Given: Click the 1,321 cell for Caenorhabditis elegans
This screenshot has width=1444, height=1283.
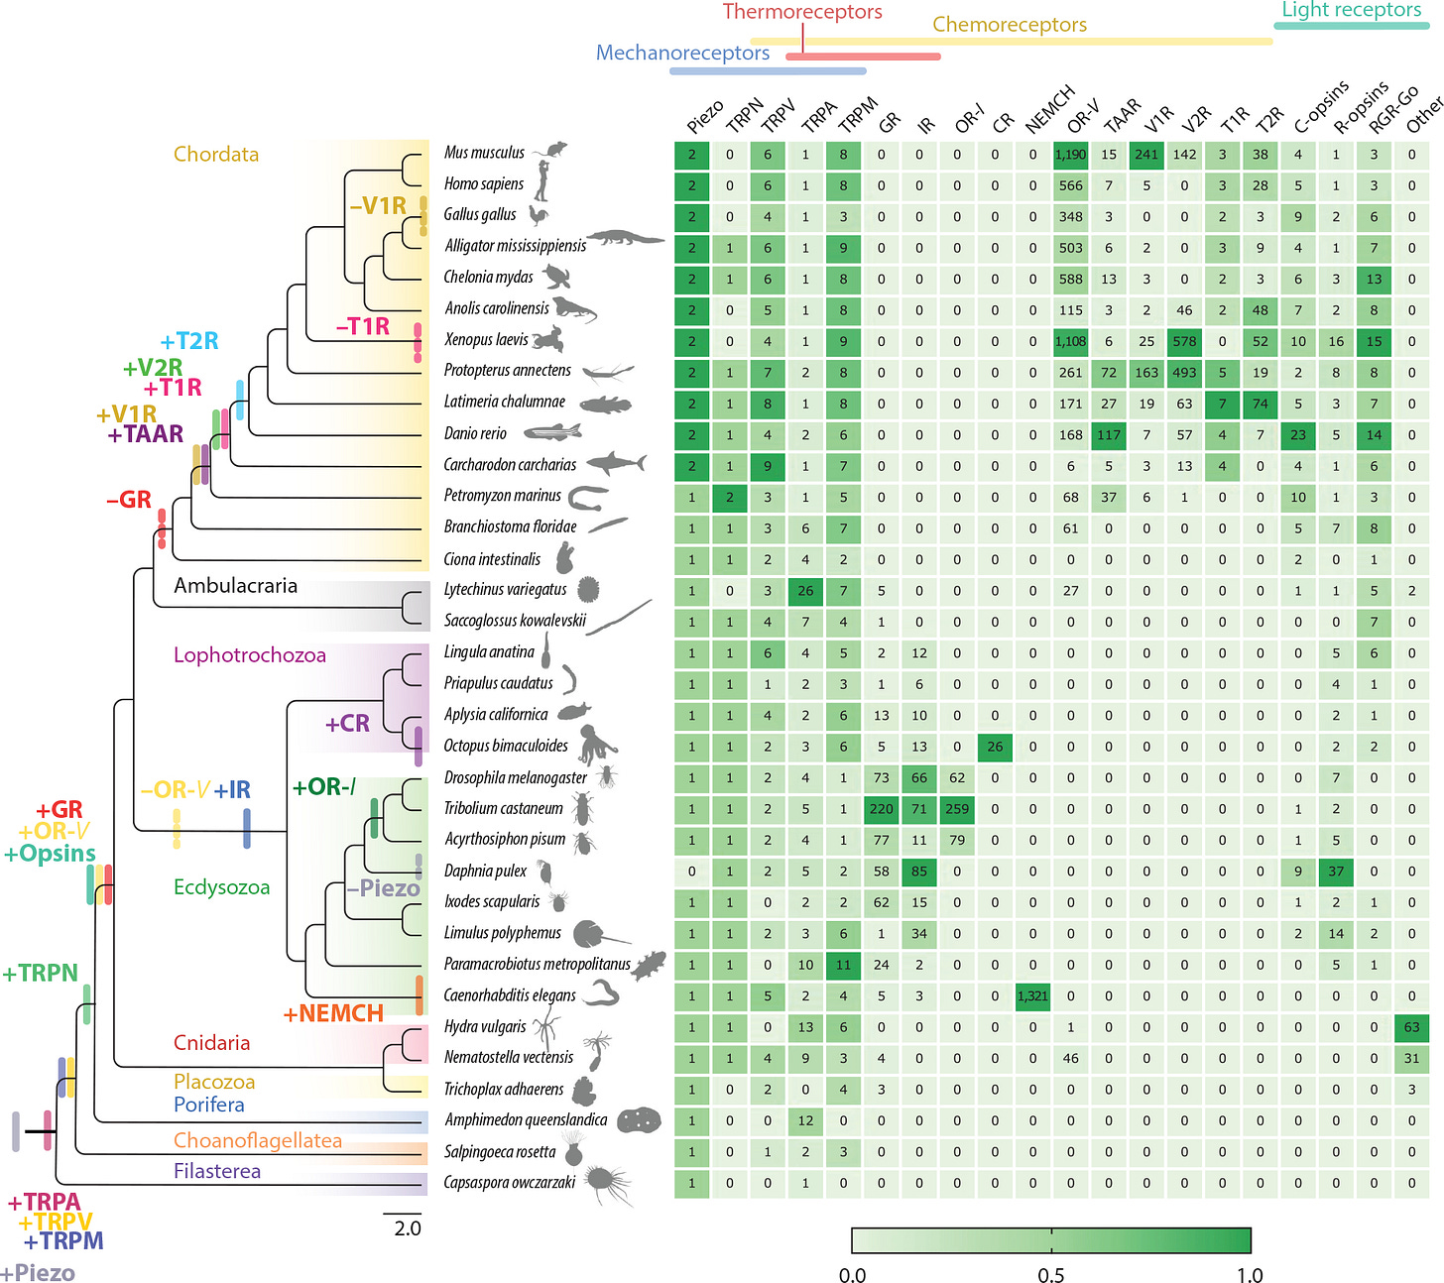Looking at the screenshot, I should (x=1032, y=995).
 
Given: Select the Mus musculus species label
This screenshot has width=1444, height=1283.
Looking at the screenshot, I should (x=484, y=153).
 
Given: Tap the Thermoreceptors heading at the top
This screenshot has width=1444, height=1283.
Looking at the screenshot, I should (x=802, y=12).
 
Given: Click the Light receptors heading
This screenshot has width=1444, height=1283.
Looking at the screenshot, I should (x=1351, y=10).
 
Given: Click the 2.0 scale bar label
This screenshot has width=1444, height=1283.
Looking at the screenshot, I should (x=408, y=1228).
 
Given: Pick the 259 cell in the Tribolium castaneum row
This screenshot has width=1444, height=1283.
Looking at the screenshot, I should (x=957, y=808).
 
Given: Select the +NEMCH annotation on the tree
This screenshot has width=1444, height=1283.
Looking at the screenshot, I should (x=333, y=1013).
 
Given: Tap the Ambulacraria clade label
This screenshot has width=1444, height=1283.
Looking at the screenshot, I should (x=235, y=585).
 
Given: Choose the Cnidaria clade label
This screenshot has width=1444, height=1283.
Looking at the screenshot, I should (x=211, y=1042).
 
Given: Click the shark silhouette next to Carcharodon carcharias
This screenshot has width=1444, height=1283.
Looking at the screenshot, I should (x=616, y=463).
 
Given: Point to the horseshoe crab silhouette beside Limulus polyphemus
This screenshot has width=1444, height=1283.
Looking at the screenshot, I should (x=599, y=933).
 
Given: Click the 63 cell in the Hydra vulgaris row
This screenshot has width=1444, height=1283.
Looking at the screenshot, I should (x=1411, y=1026).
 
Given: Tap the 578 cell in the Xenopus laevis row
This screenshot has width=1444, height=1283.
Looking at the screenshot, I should (x=1184, y=341).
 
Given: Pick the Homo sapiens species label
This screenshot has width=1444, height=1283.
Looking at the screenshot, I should (x=483, y=183).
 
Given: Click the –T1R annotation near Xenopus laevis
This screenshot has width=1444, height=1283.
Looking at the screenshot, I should (x=362, y=326).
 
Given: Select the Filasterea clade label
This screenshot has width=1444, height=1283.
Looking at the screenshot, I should (x=216, y=1171).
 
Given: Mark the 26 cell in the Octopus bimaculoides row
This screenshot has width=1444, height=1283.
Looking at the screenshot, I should (x=995, y=746).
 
